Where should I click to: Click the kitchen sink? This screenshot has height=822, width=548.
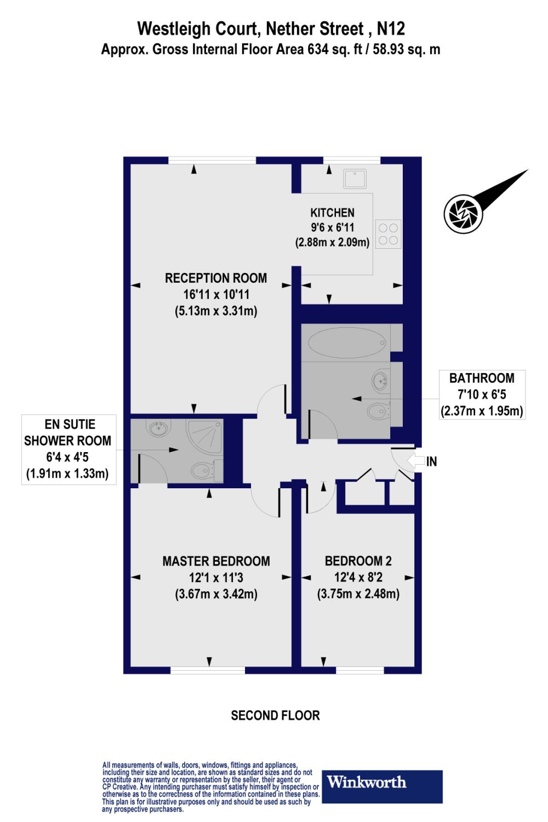pyautogui.click(x=355, y=179)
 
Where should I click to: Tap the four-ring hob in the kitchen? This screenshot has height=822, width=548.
pyautogui.click(x=389, y=233)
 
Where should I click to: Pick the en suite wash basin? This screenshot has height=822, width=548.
pyautogui.click(x=159, y=428)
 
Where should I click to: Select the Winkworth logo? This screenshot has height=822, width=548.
pyautogui.click(x=384, y=782)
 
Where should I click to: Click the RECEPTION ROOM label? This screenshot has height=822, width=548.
pyautogui.click(x=216, y=278)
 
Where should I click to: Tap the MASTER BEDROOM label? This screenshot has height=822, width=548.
pyautogui.click(x=216, y=561)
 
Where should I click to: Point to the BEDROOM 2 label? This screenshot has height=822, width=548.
pyautogui.click(x=358, y=561)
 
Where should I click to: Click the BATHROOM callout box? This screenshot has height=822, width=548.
pyautogui.click(x=482, y=394)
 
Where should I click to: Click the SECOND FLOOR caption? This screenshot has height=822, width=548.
pyautogui.click(x=275, y=715)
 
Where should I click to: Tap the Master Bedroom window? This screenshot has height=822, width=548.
pyautogui.click(x=208, y=670)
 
